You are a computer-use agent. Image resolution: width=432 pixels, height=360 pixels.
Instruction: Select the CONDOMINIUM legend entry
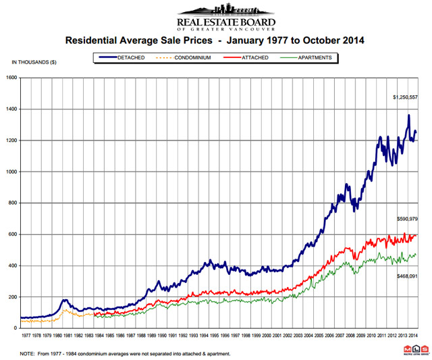click(x=192, y=58)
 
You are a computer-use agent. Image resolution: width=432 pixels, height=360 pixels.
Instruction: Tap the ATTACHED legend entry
click(x=254, y=58)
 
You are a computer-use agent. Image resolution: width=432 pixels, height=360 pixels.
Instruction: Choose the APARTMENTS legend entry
click(x=312, y=58)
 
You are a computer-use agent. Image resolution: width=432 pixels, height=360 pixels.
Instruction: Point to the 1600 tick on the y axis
click(x=12, y=78)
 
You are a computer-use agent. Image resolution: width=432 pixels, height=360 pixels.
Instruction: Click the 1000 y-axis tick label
click(x=12, y=172)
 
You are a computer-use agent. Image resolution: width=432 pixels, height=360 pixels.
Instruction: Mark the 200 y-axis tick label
click(x=13, y=297)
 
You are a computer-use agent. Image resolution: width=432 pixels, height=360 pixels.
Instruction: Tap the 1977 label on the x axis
click(x=26, y=335)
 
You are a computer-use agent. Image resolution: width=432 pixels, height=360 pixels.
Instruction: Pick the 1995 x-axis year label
click(x=213, y=335)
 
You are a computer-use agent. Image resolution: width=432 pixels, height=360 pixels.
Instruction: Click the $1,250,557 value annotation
click(x=407, y=97)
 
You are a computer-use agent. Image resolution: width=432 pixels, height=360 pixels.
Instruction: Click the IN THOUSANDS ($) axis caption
click(x=34, y=62)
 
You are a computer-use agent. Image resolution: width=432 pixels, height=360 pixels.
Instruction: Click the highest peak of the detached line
click(x=408, y=115)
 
